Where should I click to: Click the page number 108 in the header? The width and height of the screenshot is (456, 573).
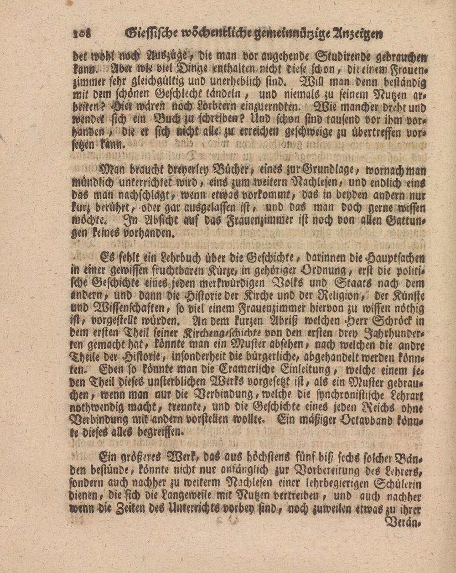click(x=82, y=33)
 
